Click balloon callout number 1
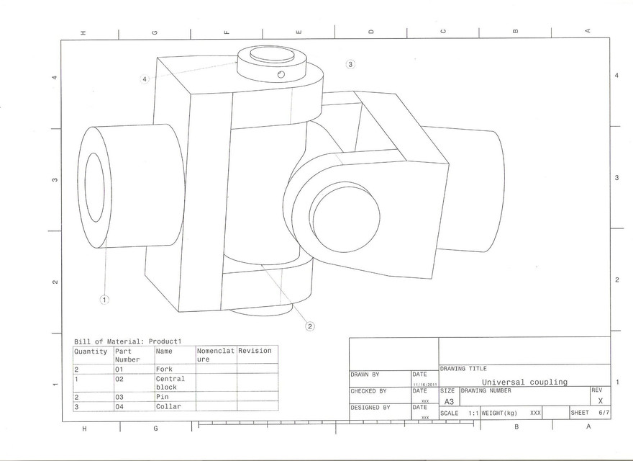point(104,300)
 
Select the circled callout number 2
point(310,326)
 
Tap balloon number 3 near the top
point(350,64)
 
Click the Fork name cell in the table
point(164,369)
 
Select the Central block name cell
point(170,382)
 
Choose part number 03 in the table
point(120,397)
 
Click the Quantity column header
point(91,352)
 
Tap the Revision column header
point(255,351)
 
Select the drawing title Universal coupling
point(524,382)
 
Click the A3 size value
point(448,401)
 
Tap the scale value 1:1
point(473,413)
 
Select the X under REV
point(600,400)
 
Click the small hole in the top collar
point(281,74)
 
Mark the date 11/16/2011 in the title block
point(421,384)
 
